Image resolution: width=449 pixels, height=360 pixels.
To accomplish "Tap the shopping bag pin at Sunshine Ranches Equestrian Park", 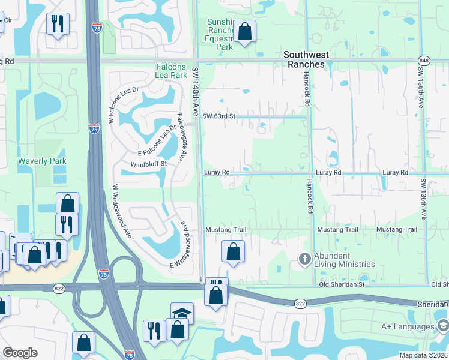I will tap(244, 31).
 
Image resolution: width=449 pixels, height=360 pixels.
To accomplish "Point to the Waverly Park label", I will tap(42, 161).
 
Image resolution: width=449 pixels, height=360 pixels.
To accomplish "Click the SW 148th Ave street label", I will tap(195, 92).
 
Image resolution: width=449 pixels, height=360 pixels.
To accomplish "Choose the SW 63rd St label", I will tap(220, 116).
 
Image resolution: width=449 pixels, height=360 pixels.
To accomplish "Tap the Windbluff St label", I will tap(148, 164).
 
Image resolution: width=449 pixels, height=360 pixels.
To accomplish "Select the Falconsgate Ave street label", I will tap(181, 137).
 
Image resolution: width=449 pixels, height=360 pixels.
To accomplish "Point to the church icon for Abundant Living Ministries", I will tap(305, 259).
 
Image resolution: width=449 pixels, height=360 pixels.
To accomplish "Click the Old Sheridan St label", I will tap(342, 284).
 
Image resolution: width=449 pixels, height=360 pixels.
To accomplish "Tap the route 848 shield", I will tap(424, 60).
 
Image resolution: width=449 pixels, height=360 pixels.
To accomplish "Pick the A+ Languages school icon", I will tap(443, 326).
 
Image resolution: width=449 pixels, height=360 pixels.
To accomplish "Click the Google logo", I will tap(20, 353).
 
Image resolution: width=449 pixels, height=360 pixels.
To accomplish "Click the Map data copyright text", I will tap(423, 355).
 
